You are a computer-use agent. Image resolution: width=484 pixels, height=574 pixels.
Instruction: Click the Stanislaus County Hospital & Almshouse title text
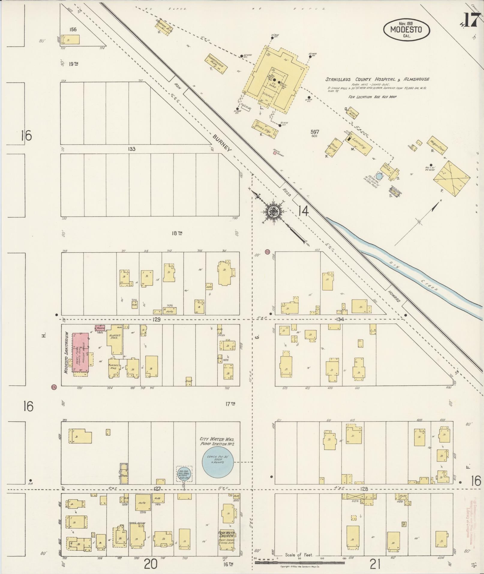[x=377, y=80]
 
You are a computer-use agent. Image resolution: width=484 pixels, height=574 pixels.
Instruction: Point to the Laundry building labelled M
[x=359, y=144]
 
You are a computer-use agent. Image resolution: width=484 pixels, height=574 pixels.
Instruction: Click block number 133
[x=131, y=149]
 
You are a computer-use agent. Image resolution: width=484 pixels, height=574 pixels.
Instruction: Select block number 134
[x=340, y=319]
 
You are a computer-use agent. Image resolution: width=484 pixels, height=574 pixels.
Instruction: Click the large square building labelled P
[x=451, y=179]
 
